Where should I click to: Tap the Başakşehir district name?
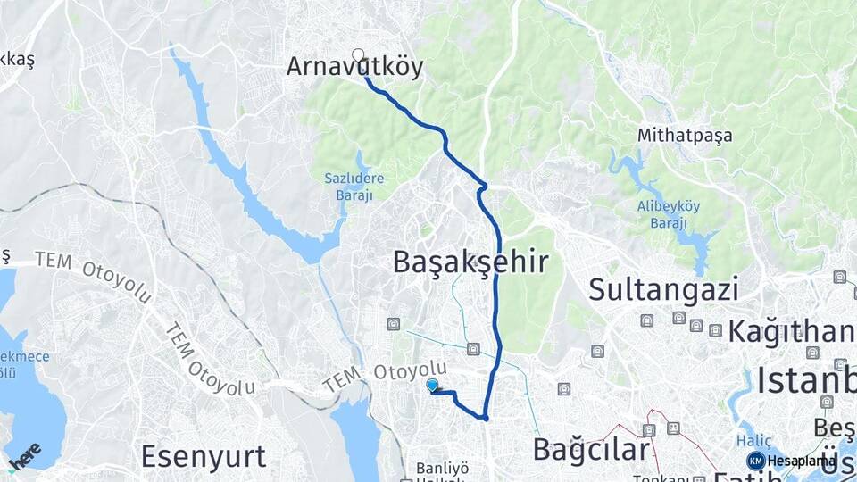[470, 262]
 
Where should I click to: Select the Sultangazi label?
[663, 290]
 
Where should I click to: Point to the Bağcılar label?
[590, 449]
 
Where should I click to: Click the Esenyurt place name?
[204, 456]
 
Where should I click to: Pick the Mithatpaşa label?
[685, 136]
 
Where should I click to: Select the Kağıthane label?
[791, 331]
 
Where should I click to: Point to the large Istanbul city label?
[806, 380]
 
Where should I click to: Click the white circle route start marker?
[359, 55]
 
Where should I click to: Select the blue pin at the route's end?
[433, 385]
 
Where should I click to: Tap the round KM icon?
[755, 461]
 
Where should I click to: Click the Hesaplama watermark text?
[802, 461]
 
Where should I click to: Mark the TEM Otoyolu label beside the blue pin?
[385, 376]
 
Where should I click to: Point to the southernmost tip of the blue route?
[485, 418]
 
